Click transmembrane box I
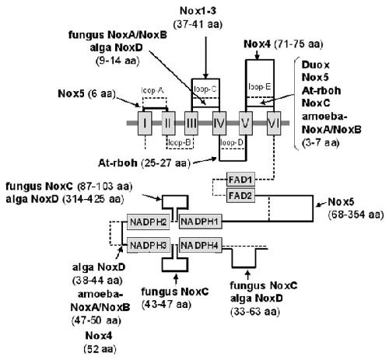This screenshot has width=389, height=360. point(145,123)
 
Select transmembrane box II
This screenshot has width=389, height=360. point(168,123)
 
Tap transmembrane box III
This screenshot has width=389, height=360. point(191,123)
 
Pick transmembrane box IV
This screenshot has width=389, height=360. point(219,123)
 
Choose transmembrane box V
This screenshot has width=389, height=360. point(246,123)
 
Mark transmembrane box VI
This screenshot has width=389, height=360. point(274,123)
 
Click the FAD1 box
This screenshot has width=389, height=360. point(240,180)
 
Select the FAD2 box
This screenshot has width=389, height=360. point(240,195)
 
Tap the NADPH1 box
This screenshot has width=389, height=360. point(200,222)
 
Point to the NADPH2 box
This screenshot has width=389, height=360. point(149,222)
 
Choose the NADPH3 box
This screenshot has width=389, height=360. point(149,245)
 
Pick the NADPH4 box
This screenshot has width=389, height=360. point(200,245)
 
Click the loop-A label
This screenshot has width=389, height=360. point(152,90)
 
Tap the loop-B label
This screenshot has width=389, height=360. point(180,142)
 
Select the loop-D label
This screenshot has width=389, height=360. point(232,142)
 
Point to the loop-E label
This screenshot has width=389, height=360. point(259,86)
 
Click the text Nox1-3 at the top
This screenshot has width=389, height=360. point(198,11)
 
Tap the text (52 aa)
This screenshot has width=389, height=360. point(100,349)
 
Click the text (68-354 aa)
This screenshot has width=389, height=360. point(356,215)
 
